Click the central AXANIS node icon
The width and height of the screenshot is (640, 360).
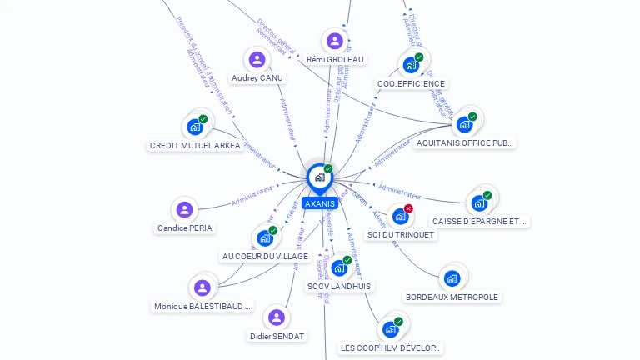point(319,177)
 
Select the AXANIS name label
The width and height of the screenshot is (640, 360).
point(320,203)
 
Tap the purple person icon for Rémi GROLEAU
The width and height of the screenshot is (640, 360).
point(335,41)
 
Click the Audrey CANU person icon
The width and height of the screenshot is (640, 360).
point(257,60)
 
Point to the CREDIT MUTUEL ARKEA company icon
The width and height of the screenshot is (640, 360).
point(195,127)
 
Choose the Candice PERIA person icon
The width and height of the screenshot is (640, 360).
point(184,209)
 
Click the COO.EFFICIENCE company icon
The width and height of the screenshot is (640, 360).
point(411,65)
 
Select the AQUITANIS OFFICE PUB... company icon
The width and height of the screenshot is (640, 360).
point(464,124)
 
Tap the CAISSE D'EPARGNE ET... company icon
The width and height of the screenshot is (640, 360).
point(479,202)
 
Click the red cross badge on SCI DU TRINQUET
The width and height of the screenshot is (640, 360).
point(408,208)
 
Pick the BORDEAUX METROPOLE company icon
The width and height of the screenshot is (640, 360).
point(452,278)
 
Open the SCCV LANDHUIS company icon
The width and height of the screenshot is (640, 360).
point(339,267)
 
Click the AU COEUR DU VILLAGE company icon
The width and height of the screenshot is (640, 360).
point(265,237)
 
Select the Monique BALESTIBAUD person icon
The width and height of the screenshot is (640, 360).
point(202,287)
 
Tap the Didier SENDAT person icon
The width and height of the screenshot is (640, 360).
point(277,317)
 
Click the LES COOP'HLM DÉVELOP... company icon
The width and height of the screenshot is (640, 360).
point(390,329)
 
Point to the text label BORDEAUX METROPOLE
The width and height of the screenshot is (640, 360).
point(452,297)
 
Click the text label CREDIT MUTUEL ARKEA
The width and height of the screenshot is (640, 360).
point(195,145)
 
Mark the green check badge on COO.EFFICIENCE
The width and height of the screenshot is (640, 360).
point(419,57)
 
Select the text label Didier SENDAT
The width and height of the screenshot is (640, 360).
point(277,336)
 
